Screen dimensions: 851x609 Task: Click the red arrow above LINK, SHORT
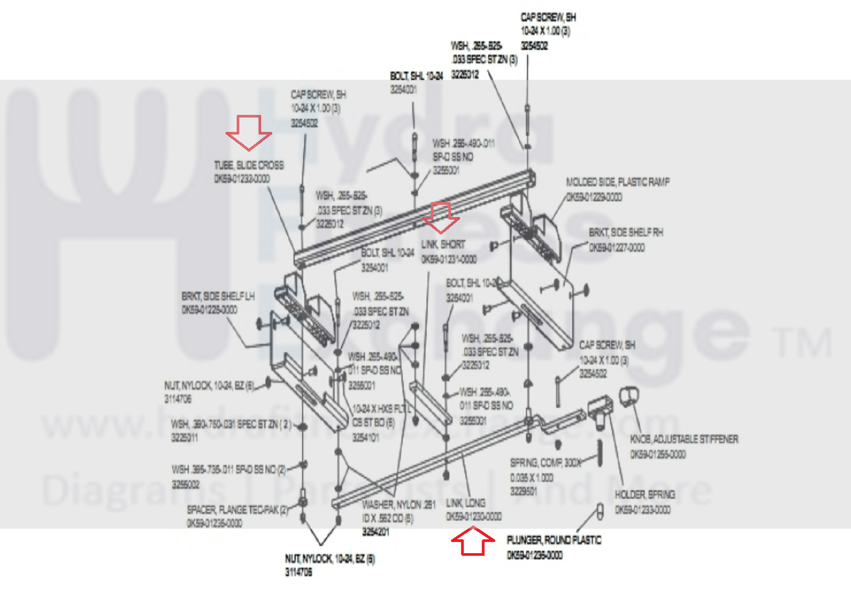click(441, 217)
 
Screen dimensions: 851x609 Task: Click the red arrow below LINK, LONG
click(473, 541)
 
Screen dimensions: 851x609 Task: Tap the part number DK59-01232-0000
click(242, 179)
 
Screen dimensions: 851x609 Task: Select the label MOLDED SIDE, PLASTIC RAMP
click(617, 182)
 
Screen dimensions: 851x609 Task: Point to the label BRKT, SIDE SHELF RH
click(626, 233)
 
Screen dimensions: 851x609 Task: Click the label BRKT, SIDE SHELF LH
click(218, 296)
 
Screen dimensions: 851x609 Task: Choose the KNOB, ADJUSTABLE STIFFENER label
click(684, 439)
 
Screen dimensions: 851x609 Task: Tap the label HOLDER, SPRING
click(645, 495)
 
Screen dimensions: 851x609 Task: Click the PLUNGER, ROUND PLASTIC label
click(554, 540)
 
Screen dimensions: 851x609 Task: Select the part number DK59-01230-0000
click(474, 517)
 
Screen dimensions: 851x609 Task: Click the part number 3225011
click(185, 438)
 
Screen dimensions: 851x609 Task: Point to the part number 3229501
click(524, 491)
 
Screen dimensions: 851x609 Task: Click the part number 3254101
click(366, 437)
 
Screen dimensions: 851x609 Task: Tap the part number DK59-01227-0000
click(616, 248)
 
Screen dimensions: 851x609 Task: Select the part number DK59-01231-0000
click(449, 259)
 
